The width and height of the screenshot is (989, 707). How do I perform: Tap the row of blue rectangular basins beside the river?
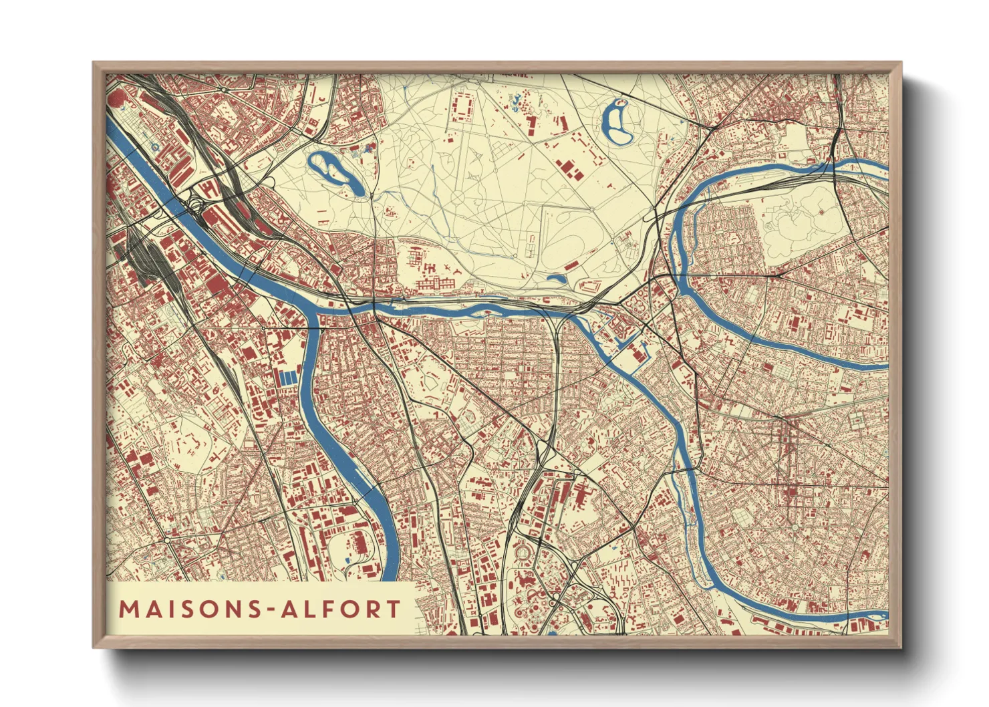click(287, 378)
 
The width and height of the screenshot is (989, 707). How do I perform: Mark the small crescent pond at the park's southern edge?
click(556, 277)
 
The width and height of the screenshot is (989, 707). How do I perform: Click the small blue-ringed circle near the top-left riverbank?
click(154, 145)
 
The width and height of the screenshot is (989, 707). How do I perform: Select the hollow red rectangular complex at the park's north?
click(462, 107)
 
